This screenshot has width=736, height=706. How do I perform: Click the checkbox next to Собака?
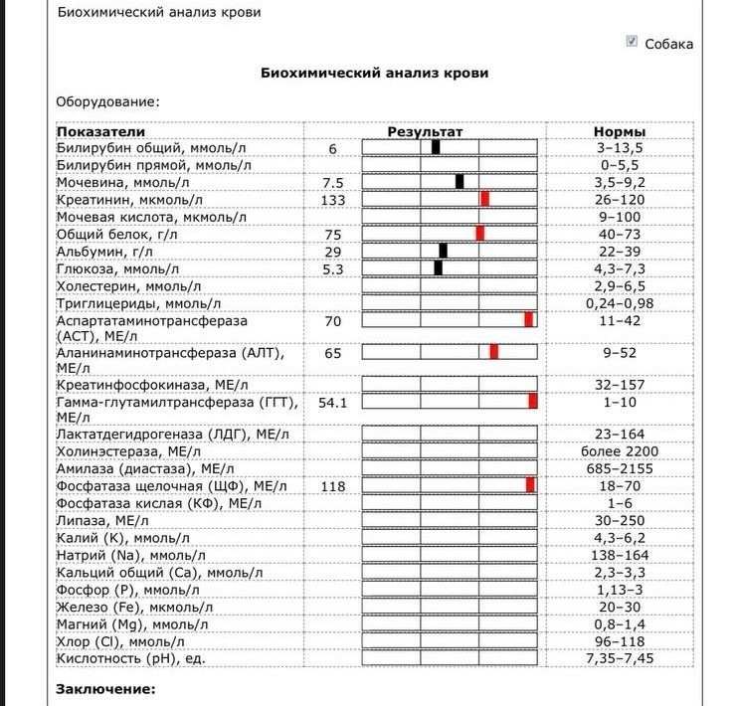pos(632,41)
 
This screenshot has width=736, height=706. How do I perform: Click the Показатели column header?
pos(100,131)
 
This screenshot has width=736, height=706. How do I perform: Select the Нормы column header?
pos(619,131)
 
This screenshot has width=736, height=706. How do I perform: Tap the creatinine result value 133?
pos(332,199)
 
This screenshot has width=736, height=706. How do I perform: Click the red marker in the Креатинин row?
pos(485,199)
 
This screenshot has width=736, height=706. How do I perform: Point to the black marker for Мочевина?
pos(460,182)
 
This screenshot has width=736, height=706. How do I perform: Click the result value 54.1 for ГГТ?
pos(332,402)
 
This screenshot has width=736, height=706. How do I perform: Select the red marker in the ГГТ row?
pos(533,402)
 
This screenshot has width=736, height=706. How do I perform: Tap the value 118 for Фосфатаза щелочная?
pos(332,486)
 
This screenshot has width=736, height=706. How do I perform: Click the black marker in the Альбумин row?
pos(444,250)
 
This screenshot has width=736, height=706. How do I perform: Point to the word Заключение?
pos(106,688)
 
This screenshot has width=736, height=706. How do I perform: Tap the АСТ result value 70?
pos(332,320)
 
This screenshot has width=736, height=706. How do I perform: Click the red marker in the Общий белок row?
pos(480,233)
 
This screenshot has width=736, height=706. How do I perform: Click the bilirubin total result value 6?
pos(332,148)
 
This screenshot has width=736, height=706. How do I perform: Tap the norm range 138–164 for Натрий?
pos(619,554)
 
